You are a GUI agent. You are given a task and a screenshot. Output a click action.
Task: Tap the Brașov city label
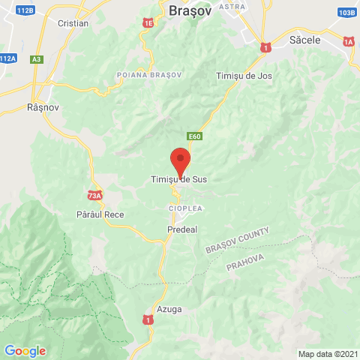(x=190, y=11)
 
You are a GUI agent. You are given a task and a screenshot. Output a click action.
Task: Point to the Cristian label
(x=73, y=23)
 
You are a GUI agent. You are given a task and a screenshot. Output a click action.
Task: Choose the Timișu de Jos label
(x=244, y=76)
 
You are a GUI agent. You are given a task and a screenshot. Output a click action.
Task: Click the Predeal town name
(x=182, y=229)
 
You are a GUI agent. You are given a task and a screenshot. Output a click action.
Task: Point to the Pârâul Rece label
(x=100, y=214)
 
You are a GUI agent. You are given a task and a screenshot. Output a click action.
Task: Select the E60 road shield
(x=195, y=136)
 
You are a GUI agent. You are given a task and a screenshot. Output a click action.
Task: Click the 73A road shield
(x=94, y=196)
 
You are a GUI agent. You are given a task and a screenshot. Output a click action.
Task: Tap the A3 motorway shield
(x=37, y=58)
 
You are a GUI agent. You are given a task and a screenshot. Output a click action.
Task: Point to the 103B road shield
(x=346, y=13)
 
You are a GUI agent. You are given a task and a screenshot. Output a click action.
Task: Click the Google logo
(x=25, y=350)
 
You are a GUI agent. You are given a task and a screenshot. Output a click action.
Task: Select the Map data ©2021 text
(x=328, y=354)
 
